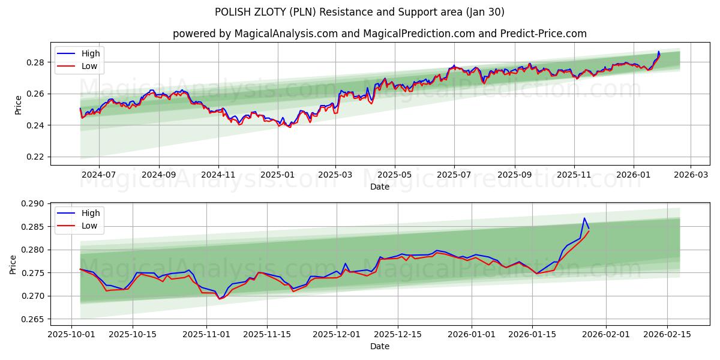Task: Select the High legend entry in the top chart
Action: pos(91,53)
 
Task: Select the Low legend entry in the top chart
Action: pos(89,67)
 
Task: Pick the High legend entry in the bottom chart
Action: pos(91,213)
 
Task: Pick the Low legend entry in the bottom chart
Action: pos(89,226)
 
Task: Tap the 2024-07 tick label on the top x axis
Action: pos(98,175)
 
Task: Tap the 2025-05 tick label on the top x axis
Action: pos(395,175)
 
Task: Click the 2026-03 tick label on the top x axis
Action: pos(691,175)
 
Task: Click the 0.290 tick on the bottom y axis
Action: pos(33,204)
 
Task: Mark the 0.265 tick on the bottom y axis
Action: pos(33,319)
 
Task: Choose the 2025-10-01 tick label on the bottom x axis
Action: pos(72,334)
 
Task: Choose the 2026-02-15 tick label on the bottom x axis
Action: pos(667,334)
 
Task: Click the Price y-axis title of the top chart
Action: pos(18,104)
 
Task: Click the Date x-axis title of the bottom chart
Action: pos(380,346)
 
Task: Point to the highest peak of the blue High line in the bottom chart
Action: pos(584,218)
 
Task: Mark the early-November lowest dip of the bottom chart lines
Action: pos(220,298)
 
